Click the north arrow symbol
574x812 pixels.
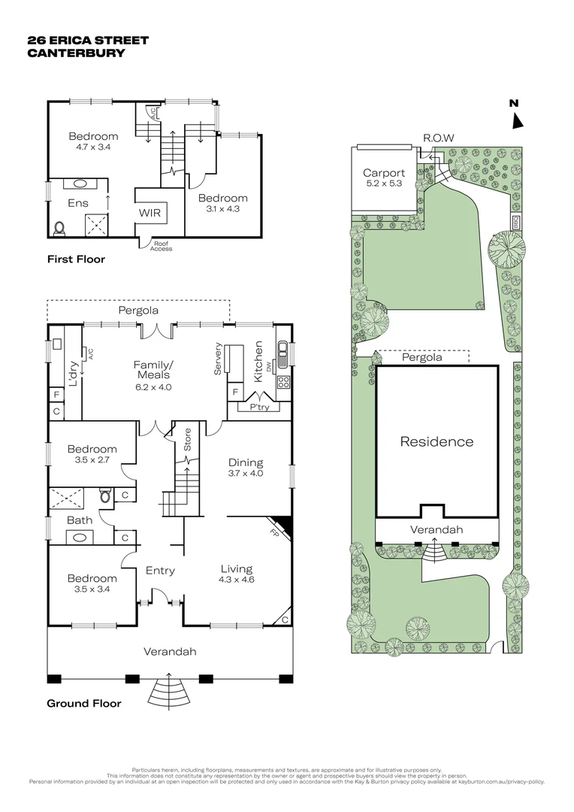pos(518,121)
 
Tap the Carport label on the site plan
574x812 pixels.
pos(383,173)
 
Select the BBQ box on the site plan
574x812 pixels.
pos(516,222)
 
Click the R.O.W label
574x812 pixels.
pos(439,138)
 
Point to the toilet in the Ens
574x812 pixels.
pos(59,229)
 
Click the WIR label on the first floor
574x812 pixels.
pos(150,213)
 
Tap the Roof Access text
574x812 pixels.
pos(161,246)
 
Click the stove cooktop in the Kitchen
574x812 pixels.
pos(283,383)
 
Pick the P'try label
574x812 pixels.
pos(259,407)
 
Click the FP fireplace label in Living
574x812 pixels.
pos(273,532)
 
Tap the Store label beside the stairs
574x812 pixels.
pos(187,439)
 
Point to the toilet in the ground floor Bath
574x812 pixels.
pos(105,497)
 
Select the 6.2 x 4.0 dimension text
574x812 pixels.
pos(154,387)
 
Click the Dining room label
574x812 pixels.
pos(246,462)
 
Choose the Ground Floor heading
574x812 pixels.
pos(84,703)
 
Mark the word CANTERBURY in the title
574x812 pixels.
pos(76,53)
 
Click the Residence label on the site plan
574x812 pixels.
pos(437,442)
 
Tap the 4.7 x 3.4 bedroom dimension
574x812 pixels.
pos(93,147)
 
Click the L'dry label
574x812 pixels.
pos(73,375)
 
